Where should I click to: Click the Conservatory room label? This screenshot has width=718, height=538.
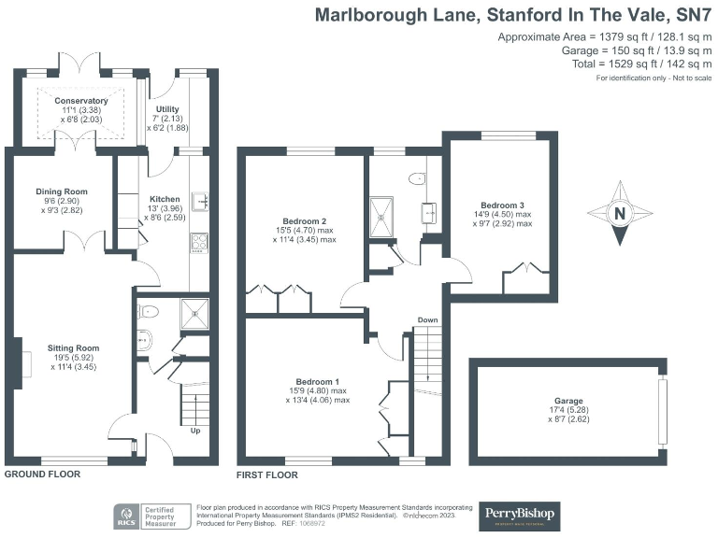(80, 101)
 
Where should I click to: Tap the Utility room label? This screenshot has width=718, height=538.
(167, 109)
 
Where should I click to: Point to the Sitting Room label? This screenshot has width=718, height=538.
(75, 348)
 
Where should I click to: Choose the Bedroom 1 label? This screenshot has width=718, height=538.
(317, 381)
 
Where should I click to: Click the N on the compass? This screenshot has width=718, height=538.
(619, 214)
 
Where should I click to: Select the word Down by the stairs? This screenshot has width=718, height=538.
(427, 320)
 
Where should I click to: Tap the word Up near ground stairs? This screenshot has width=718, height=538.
(194, 431)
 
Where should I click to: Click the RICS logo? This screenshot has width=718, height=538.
(124, 515)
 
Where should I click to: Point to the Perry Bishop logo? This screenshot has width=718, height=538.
(520, 514)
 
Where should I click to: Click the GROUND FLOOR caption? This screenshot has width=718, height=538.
(43, 474)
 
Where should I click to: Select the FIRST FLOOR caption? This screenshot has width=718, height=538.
(267, 474)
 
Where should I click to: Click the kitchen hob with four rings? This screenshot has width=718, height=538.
(200, 242)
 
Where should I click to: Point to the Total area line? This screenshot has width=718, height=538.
(636, 64)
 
